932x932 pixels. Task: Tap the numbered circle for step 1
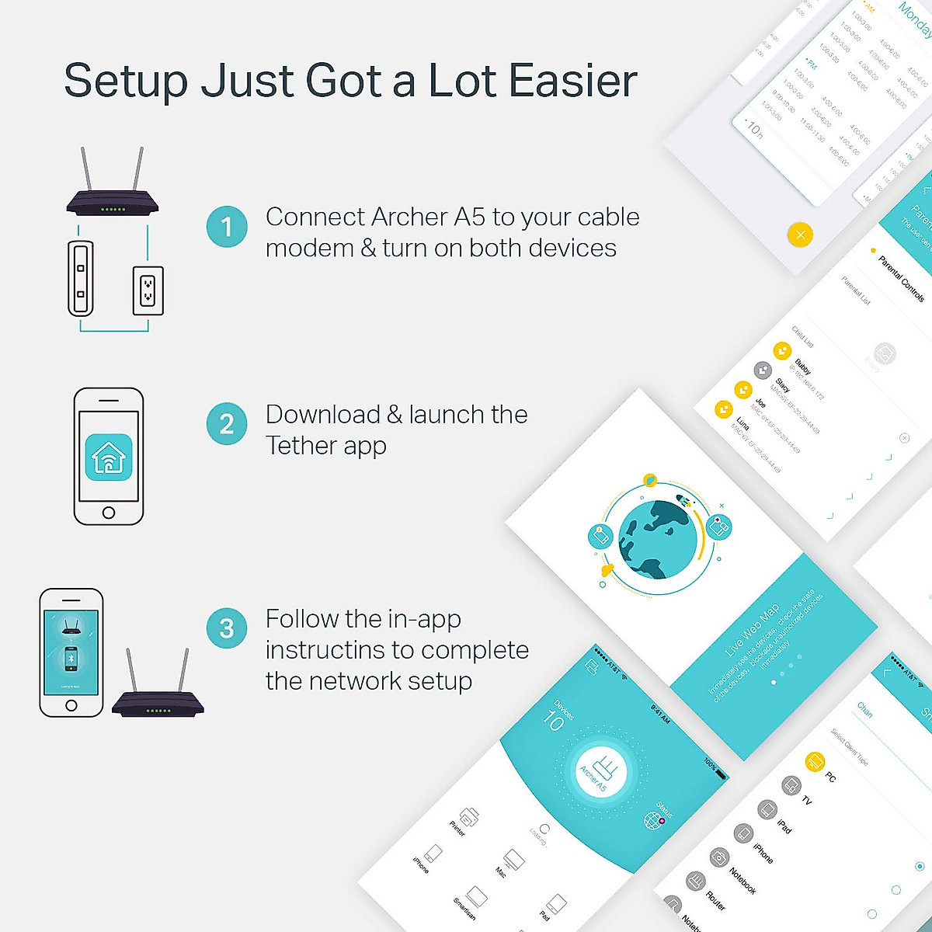tap(227, 227)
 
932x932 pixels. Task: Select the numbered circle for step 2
tap(227, 424)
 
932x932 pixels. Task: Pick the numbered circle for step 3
tap(227, 628)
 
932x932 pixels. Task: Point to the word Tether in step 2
tap(301, 446)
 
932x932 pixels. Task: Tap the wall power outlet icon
tap(148, 290)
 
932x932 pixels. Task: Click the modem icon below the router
tap(81, 279)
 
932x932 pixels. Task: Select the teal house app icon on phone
tap(109, 457)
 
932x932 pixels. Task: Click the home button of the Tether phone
tap(109, 513)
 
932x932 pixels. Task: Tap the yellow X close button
tap(800, 234)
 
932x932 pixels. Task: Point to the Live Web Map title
tap(752, 631)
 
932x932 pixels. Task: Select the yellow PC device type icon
tap(814, 760)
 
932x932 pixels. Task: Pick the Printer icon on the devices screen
tap(468, 818)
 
